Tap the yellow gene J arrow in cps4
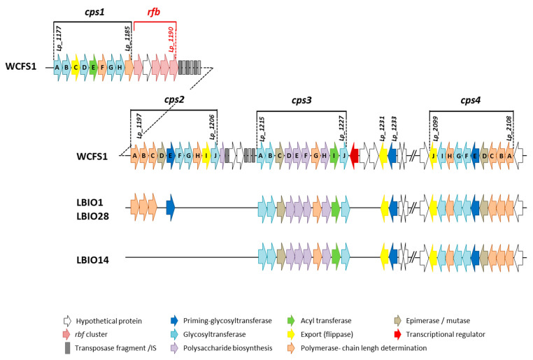click(x=434, y=155)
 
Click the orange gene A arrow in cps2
click(x=134, y=155)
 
